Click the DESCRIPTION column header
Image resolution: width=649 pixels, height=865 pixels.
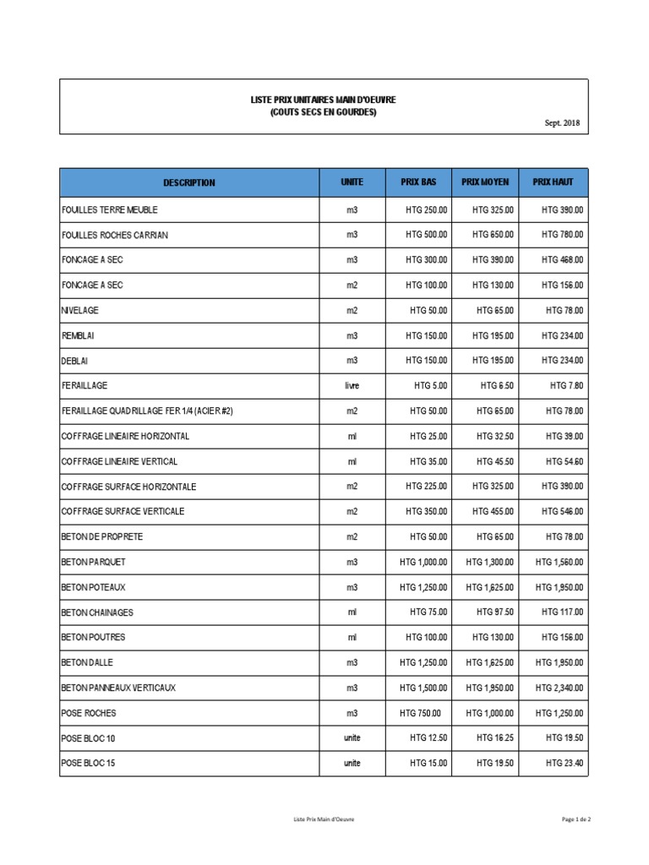[188, 182]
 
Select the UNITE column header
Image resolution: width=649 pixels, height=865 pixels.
[352, 182]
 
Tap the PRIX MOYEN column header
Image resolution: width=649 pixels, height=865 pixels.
[486, 182]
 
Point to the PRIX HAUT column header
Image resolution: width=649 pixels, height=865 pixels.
[554, 182]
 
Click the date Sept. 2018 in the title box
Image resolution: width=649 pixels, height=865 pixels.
[563, 123]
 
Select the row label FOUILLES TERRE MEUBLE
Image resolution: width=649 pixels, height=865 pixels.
[110, 209]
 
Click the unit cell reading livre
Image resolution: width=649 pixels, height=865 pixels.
[352, 385]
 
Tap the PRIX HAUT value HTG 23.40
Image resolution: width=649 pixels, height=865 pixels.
[564, 764]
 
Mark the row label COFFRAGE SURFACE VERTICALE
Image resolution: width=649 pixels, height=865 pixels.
[123, 512]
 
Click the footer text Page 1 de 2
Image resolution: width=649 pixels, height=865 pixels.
[575, 819]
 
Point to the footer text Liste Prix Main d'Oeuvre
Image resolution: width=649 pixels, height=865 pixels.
[323, 819]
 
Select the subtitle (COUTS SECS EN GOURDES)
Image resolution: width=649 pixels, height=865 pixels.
[323, 112]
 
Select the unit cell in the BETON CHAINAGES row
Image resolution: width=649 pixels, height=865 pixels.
[352, 612]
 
